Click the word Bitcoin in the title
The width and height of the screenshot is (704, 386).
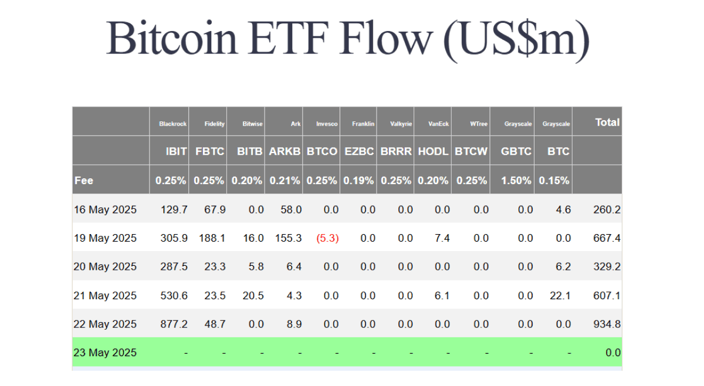tap(171, 38)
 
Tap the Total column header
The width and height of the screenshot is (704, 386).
tap(607, 122)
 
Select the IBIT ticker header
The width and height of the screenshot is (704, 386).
tap(177, 151)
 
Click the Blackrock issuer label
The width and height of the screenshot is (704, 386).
tap(172, 124)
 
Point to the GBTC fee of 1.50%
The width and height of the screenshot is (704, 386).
tap(516, 181)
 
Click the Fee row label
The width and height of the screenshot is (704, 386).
tap(83, 181)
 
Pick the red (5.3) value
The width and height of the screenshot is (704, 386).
tap(327, 238)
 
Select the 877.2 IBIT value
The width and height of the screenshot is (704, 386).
tap(174, 324)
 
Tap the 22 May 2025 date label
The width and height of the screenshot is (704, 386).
tap(105, 324)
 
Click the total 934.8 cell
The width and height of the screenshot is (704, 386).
tap(607, 324)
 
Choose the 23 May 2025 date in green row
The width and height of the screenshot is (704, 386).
tap(105, 353)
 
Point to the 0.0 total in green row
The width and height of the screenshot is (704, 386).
tap(613, 353)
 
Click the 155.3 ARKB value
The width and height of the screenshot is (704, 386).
tap(288, 238)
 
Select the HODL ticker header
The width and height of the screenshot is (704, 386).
tap(433, 151)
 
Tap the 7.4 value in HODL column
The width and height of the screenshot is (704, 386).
tap(442, 238)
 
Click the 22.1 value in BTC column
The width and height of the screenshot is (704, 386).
tap(560, 296)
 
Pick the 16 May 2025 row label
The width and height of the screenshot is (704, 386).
tap(105, 209)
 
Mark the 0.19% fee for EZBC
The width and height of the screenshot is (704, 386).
tap(358, 181)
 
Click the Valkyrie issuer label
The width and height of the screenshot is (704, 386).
tap(401, 124)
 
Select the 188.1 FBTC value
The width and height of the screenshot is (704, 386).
tap(212, 238)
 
